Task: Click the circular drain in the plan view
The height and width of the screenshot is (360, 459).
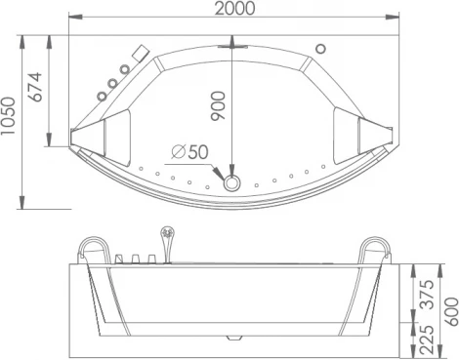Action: tap(232, 181)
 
